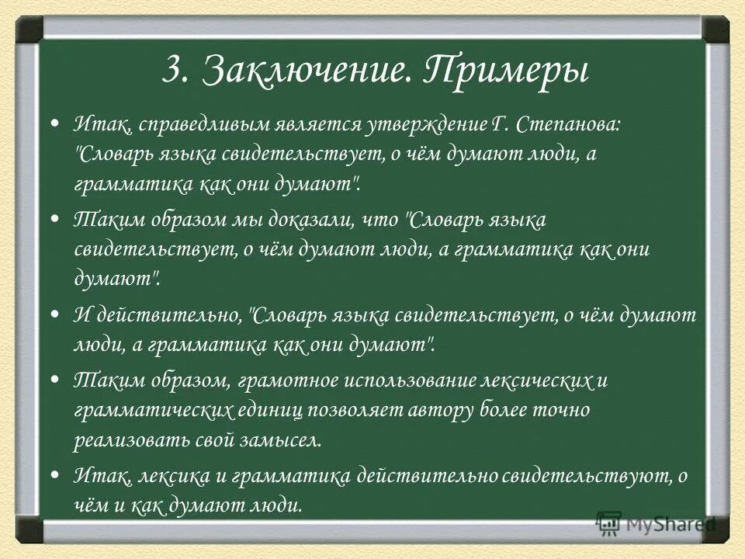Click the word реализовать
point(122,440)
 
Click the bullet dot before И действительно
point(54,315)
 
